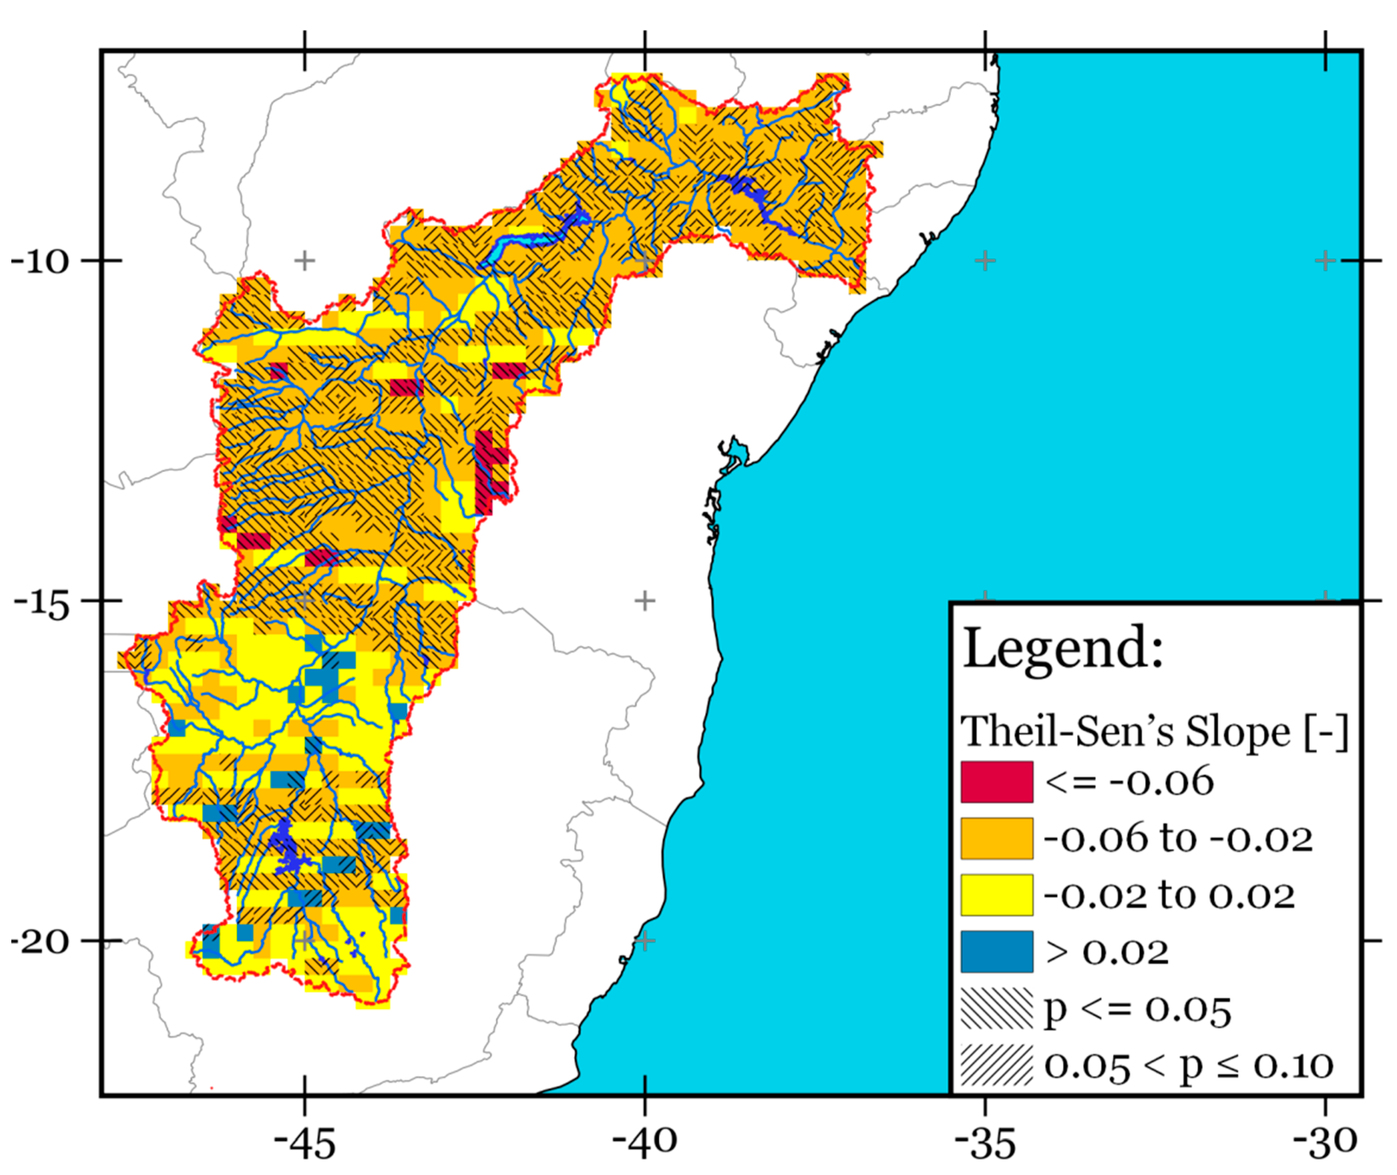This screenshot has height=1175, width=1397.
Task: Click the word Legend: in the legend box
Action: coord(1063,648)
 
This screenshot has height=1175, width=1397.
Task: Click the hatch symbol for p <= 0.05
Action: coord(997,1009)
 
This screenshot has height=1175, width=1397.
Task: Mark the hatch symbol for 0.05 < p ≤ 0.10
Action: coord(997,1066)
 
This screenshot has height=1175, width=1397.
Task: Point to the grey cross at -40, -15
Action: coord(644,601)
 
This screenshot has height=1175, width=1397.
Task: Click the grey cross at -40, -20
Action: coord(644,941)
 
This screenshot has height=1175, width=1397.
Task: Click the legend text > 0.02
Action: coord(1106,952)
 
